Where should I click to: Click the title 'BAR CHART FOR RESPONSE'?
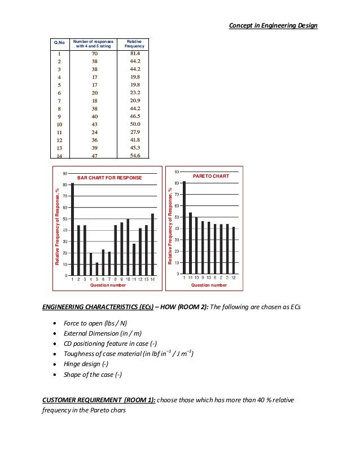point(109,178)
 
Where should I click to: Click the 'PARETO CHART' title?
point(211,176)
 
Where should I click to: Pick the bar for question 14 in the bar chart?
point(152,244)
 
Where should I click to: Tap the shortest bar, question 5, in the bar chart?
point(97,269)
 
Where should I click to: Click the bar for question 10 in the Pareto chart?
point(196,245)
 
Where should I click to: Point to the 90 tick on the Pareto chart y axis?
point(177,172)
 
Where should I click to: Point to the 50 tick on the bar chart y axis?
point(65,219)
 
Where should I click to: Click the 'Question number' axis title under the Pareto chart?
point(209,285)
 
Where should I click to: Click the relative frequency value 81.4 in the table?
point(134,54)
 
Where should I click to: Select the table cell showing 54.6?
point(134,156)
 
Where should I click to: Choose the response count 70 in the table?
point(95,54)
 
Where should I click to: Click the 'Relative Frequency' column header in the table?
point(134,43)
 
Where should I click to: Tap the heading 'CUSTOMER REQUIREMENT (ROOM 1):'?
point(99,400)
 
